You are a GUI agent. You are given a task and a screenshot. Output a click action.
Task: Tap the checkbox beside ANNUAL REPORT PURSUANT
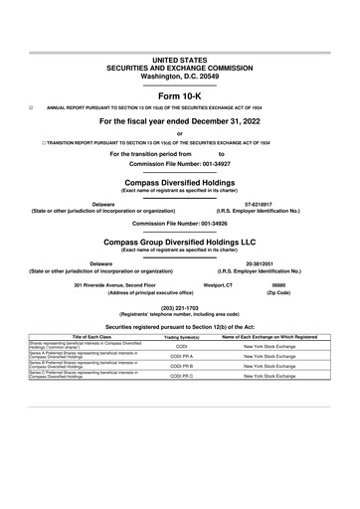coord(32,106)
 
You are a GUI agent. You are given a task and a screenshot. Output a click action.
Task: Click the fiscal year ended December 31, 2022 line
coord(180,121)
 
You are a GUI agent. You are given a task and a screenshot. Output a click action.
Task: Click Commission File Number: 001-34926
coord(180,224)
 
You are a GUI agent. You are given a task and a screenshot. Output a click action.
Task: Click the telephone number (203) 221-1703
coord(180,308)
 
